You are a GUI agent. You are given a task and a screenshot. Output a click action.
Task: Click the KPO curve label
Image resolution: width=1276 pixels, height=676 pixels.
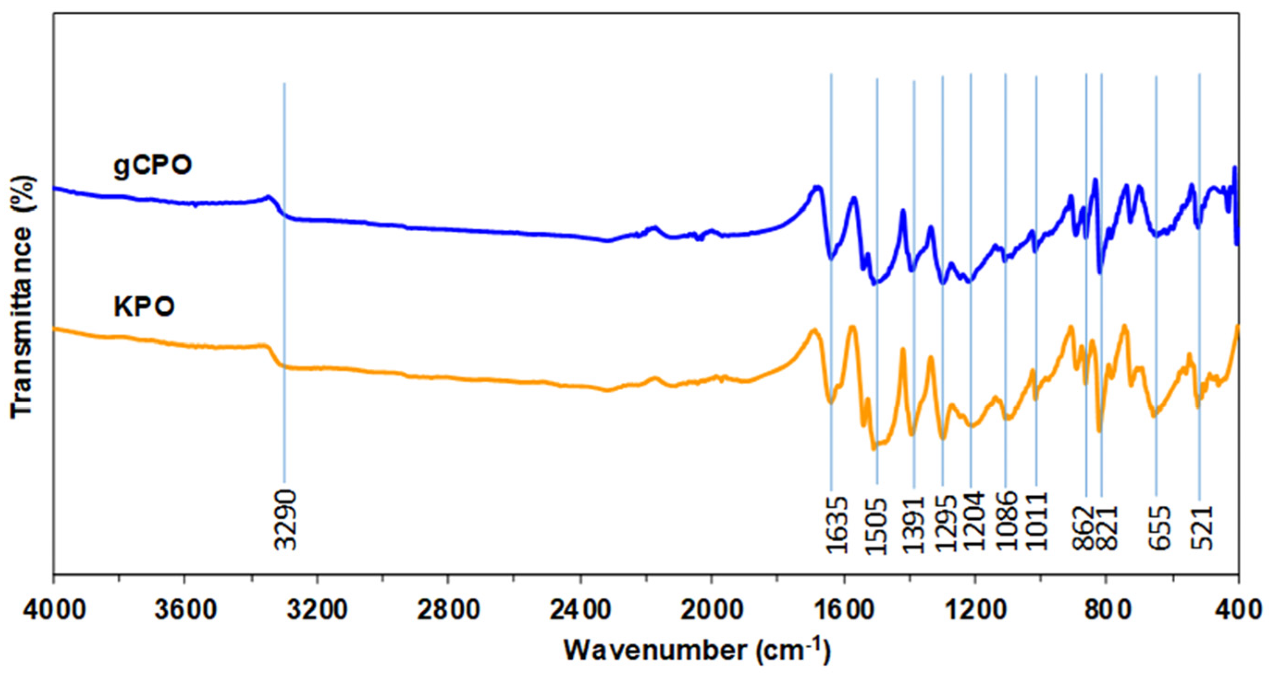point(144,307)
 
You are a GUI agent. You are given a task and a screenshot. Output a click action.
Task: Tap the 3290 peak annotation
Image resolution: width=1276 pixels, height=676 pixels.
point(286,520)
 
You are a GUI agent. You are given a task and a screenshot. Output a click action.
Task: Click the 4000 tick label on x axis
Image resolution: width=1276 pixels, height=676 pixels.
point(54,611)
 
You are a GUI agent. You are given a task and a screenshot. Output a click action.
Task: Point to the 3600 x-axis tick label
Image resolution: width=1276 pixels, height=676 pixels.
point(185,611)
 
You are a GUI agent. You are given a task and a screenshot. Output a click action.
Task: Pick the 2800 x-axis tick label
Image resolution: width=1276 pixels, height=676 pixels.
point(448,611)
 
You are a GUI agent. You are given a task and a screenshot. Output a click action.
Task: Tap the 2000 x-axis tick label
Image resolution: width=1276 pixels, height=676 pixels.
point(712,611)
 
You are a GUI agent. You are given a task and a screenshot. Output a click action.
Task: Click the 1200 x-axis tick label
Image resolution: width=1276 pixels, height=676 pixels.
point(975,611)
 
